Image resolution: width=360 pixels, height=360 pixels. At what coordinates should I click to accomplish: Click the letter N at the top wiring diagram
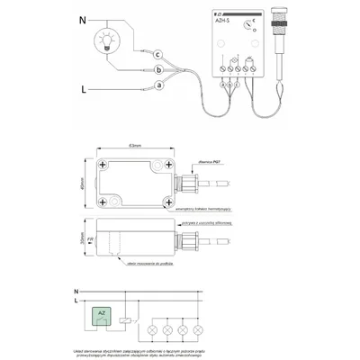pos(83,19)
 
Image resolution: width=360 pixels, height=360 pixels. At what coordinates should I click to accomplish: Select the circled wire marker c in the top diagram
pos(158,54)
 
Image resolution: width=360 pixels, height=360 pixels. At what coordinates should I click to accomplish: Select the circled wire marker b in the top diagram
pos(158,70)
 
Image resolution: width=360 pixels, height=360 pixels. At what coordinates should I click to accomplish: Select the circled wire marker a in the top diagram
pos(158,85)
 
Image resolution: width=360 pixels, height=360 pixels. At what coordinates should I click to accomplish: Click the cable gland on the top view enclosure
pos(190,183)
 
